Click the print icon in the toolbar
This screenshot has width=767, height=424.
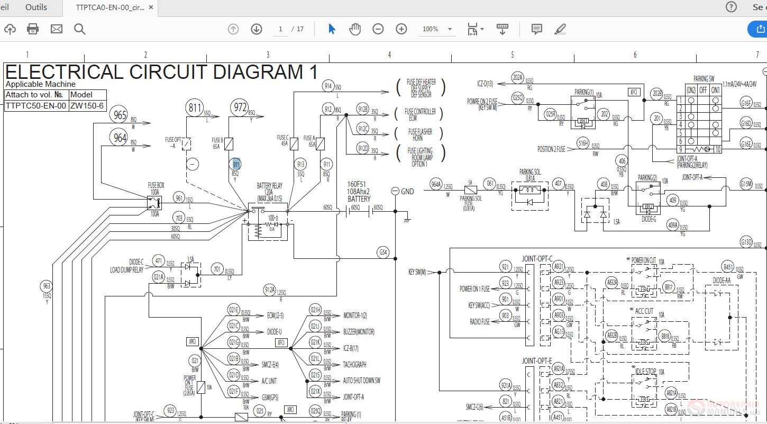click(x=33, y=29)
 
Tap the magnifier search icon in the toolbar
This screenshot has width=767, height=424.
click(x=80, y=29)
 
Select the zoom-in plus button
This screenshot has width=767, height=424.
click(x=401, y=29)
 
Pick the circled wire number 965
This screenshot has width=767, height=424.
click(x=120, y=115)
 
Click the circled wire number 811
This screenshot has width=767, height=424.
click(x=195, y=109)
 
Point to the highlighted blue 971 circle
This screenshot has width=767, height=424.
click(x=236, y=165)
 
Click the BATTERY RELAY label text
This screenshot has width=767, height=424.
click(x=270, y=186)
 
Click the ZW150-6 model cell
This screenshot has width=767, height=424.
click(x=87, y=105)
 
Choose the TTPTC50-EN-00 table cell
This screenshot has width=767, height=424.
click(x=36, y=105)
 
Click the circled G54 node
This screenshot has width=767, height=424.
click(x=383, y=252)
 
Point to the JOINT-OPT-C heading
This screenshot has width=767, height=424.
click(x=537, y=258)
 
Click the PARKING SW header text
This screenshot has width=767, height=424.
click(x=704, y=79)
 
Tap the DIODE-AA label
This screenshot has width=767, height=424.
click(x=722, y=281)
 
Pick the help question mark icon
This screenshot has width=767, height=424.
click(x=731, y=7)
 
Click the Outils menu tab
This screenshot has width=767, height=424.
click(x=36, y=7)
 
